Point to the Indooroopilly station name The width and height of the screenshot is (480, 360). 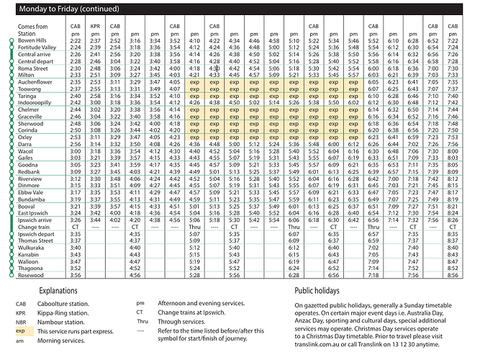pos(34,102)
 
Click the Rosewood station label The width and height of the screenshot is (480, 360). pos(30,274)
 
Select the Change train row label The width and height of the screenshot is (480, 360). pos(33,227)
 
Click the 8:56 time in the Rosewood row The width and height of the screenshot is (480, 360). pos(452,274)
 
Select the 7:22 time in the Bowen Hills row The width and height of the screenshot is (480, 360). pos(452,41)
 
